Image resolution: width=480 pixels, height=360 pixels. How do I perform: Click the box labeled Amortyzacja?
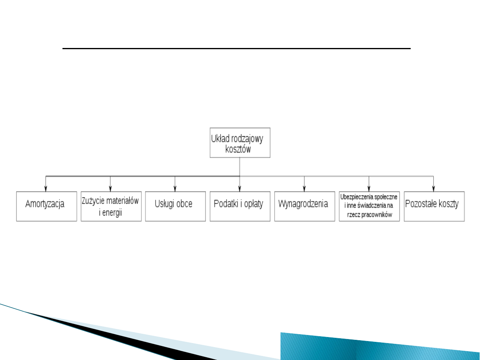46,206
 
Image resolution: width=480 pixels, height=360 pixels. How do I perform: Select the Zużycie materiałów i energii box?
111,206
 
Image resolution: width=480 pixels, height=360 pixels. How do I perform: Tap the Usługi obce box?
175,206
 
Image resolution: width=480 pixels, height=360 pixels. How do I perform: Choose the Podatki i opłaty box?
240,206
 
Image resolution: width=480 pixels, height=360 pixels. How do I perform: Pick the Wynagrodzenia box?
304,206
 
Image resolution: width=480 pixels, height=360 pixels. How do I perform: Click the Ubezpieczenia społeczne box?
369,206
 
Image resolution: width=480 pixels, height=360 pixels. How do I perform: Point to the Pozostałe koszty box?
434,206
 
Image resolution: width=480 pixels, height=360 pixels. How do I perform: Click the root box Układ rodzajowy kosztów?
240,142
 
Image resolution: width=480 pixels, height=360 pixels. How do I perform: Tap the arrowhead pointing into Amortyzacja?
46,189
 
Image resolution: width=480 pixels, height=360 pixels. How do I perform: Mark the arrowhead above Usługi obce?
175,189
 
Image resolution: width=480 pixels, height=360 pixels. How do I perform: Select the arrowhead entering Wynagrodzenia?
304,189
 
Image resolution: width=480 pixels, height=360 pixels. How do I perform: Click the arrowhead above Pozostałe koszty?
434,189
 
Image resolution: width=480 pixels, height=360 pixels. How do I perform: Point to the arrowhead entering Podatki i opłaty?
240,189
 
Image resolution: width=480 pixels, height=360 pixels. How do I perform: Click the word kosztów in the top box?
238,149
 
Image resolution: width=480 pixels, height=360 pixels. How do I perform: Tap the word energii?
111,212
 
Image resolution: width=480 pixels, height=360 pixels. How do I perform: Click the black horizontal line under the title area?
236,48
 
